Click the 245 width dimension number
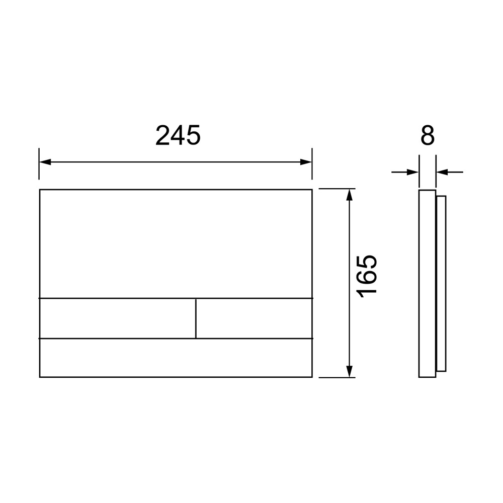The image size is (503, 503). pos(178,135)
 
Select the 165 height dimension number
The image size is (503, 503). pos(367,277)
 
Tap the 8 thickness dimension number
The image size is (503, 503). pos(427,135)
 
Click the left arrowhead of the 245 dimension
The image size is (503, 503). pos(45,162)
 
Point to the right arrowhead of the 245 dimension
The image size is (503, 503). pos(306,162)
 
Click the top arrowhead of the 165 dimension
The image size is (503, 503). pos(350,195)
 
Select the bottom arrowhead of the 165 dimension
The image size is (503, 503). pos(350,372)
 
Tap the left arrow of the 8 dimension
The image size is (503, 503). pos(405,172)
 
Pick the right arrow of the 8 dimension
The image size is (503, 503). pos(449,172)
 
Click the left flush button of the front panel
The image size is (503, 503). pos(117,318)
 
